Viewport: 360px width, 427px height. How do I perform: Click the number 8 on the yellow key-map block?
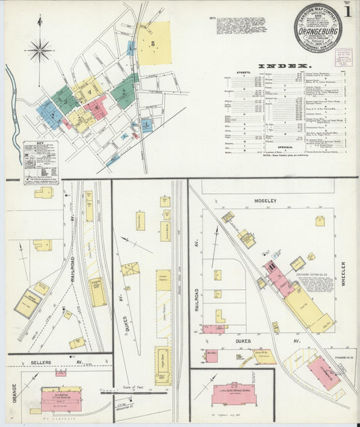[154, 43]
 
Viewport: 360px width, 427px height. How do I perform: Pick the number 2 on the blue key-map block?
[51, 115]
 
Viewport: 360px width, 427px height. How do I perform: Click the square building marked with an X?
[130, 269]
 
